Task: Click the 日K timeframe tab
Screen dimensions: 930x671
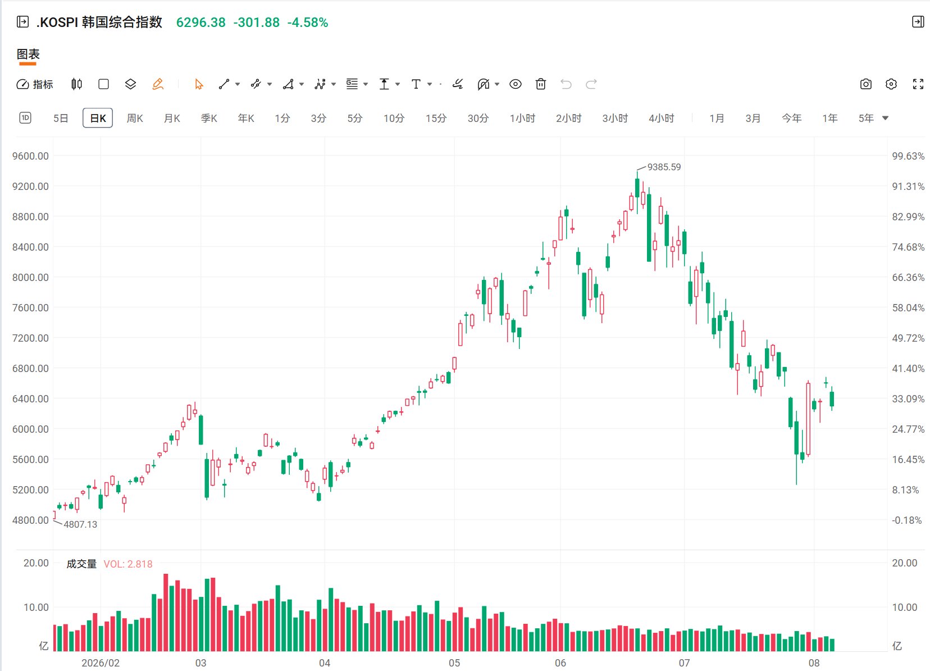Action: pos(98,118)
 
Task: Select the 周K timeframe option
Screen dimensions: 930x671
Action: pos(135,119)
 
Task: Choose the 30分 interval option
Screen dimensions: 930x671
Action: pos(478,119)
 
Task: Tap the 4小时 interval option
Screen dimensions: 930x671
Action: pos(661,119)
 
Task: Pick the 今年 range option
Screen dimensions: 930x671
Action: pos(791,119)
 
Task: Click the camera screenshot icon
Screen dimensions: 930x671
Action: pos(865,84)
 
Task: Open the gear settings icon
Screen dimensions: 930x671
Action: pos(891,84)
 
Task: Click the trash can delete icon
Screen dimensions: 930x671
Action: pos(541,84)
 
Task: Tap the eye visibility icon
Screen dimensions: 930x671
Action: pos(515,84)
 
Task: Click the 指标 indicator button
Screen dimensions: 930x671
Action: pos(35,84)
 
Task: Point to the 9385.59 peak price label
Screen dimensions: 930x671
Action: pos(664,167)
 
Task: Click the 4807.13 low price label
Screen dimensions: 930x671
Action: pos(80,524)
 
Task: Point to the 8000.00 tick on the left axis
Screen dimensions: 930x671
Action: pos(30,277)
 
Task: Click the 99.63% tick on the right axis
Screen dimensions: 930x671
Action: pos(908,156)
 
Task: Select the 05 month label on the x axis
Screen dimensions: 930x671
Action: pos(454,663)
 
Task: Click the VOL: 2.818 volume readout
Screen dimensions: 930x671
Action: pos(128,564)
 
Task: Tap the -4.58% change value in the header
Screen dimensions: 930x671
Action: pos(308,22)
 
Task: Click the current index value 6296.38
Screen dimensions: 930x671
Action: pos(201,22)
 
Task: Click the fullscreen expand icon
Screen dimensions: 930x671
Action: pos(918,84)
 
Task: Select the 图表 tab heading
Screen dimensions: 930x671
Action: pos(28,54)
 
